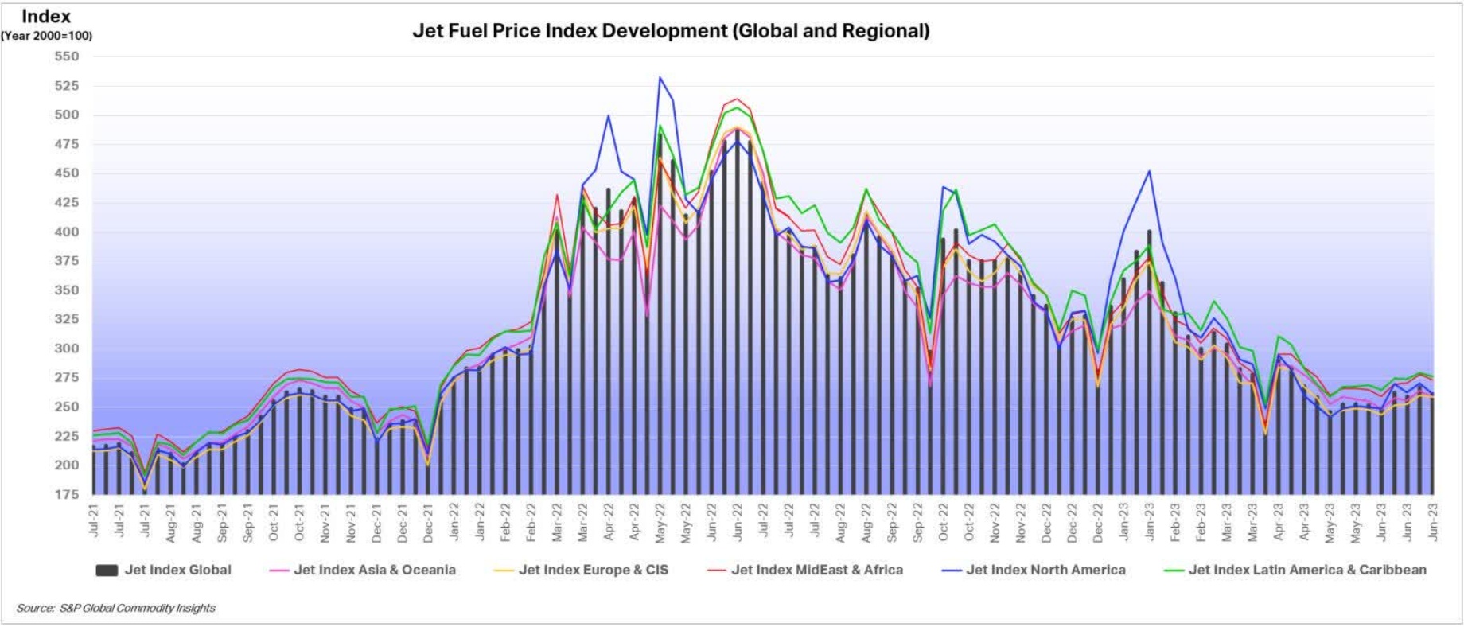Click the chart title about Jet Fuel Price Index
click(671, 31)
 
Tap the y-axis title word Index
click(46, 16)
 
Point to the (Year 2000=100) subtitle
click(46, 36)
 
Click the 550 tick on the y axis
click(67, 56)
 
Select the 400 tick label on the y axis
click(67, 232)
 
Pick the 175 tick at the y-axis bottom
click(67, 494)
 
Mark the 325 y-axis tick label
click(67, 319)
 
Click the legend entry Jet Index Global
click(177, 570)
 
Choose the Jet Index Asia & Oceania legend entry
click(374, 570)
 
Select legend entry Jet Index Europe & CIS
click(593, 570)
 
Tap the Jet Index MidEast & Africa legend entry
click(816, 570)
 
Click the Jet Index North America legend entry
click(1045, 570)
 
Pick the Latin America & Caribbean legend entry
click(1306, 570)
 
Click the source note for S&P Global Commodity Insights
click(116, 608)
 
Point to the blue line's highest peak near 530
click(660, 78)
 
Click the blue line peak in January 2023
click(1149, 171)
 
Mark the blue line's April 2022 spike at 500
click(609, 115)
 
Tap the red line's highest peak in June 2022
click(737, 99)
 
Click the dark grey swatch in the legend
click(107, 570)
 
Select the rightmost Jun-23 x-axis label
click(1434, 522)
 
